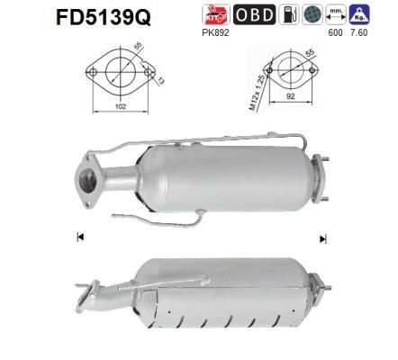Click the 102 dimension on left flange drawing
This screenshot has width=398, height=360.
109,105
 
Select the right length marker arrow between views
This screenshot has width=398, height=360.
321,238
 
